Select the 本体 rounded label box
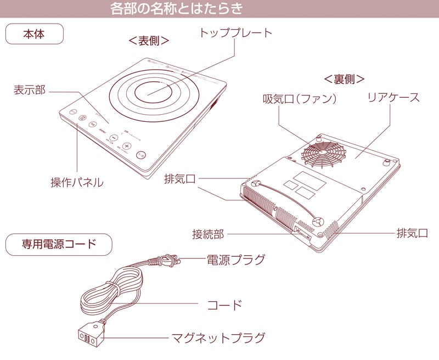(x=35, y=33)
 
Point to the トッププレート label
(x=235, y=32)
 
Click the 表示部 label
(x=30, y=90)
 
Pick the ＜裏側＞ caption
(x=344, y=78)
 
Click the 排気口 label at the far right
(x=412, y=233)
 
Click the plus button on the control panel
(x=126, y=147)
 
